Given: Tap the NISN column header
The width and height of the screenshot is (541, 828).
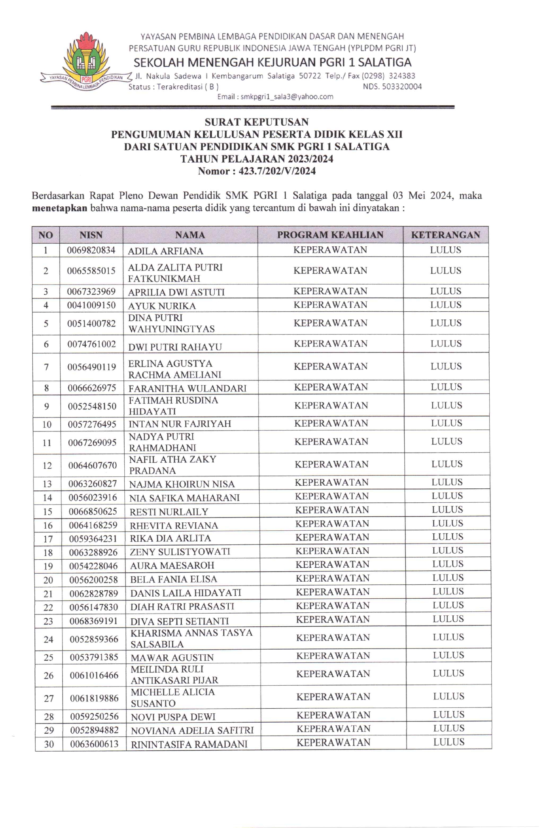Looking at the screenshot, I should [x=91, y=235].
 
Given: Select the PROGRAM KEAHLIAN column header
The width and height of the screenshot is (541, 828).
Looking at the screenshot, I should [x=330, y=235].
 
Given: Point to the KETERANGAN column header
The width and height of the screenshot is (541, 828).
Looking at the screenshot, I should [x=446, y=235].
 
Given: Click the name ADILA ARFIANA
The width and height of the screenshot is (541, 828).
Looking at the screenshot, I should [x=165, y=251].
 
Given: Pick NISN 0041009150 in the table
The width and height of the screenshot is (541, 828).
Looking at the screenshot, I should [x=91, y=305].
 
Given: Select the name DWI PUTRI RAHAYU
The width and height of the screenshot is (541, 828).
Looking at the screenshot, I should [x=175, y=347].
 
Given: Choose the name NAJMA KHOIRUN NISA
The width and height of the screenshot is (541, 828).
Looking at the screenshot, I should [x=182, y=484].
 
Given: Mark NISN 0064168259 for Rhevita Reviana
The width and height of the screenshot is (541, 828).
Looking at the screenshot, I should [x=93, y=525].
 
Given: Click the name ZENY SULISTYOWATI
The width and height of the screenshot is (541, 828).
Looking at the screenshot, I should [x=180, y=552].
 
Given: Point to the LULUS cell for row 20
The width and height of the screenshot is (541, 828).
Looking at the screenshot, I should [x=448, y=578].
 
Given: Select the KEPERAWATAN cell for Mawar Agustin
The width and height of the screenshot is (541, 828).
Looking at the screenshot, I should [x=333, y=656].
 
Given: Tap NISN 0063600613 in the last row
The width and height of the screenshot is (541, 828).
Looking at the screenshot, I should [x=94, y=744].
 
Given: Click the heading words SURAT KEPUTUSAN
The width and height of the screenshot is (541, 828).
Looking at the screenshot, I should [x=256, y=122].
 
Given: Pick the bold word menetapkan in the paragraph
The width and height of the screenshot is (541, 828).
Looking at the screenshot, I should [x=59, y=208].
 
